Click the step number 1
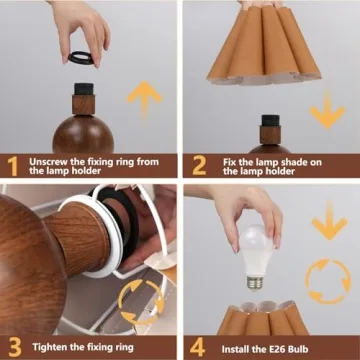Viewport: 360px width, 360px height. [12, 165]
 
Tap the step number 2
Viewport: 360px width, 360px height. [197, 165]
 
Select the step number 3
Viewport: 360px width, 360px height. [12, 346]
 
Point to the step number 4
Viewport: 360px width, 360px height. [198, 346]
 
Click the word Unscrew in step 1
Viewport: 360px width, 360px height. [50, 160]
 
